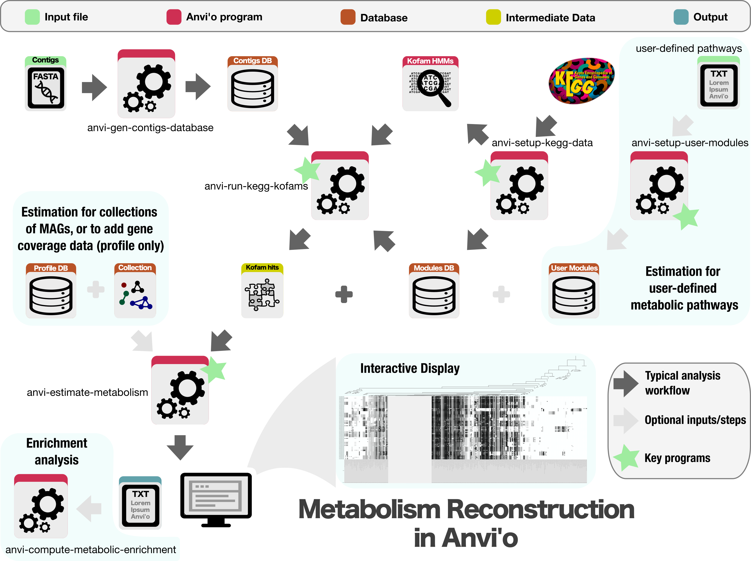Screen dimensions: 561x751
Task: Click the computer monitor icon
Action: point(216,499)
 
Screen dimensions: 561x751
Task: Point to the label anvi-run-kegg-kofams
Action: point(256,186)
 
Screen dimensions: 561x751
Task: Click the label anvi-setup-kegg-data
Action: point(542,143)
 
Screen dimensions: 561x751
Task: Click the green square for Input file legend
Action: point(32,17)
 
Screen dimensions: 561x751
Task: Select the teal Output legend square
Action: point(681,17)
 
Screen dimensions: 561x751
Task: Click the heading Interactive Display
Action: point(410,368)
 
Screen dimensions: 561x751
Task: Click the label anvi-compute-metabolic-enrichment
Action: point(91,549)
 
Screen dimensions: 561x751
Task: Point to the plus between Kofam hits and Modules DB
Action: point(344,294)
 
